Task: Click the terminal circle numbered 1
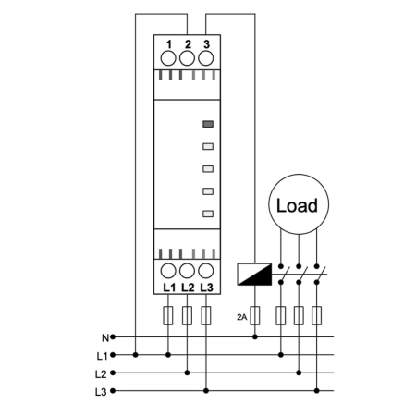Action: tap(168, 58)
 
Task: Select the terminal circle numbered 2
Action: tap(187, 58)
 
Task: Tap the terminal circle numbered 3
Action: tap(206, 58)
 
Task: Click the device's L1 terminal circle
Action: tap(168, 271)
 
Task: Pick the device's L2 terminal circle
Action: tap(187, 271)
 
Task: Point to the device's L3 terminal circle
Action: tap(206, 271)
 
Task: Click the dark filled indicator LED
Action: tap(208, 124)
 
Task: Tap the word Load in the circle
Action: tap(297, 205)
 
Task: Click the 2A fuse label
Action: tap(242, 317)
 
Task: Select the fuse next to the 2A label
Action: tap(255, 315)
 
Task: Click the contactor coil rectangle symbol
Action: tap(254, 275)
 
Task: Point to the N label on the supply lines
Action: tap(105, 338)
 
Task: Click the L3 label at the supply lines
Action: tap(101, 392)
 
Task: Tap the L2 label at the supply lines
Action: tap(101, 374)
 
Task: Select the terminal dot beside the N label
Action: tap(113, 337)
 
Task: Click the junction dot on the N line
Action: tap(255, 337)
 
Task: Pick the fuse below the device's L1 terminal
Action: tap(168, 315)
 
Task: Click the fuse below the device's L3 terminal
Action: tap(206, 315)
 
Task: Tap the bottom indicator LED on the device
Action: tap(208, 214)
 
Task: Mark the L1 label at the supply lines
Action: tap(102, 356)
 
